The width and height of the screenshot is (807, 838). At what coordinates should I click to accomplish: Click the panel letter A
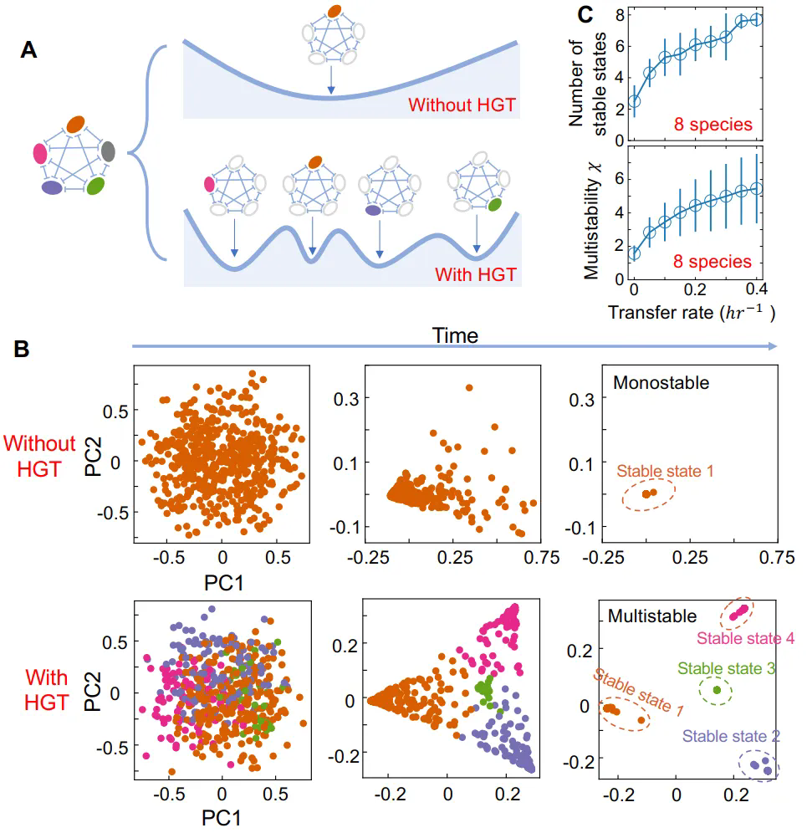[x=29, y=52]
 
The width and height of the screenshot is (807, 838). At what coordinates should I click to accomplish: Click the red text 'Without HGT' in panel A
[x=462, y=105]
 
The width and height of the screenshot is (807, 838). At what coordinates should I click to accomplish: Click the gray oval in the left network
[x=108, y=152]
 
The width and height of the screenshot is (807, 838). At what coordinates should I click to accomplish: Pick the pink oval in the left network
[x=38, y=154]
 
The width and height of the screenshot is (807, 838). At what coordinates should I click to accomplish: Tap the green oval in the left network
[x=96, y=187]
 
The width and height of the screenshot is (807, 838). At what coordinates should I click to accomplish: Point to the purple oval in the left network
[x=53, y=188]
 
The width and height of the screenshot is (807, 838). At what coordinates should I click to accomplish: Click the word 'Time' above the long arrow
[x=456, y=336]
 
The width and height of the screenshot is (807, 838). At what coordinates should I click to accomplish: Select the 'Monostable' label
[x=661, y=383]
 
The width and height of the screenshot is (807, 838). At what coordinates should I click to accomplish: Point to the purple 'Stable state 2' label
[x=732, y=736]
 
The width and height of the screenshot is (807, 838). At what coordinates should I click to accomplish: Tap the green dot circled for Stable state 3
[x=717, y=690]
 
